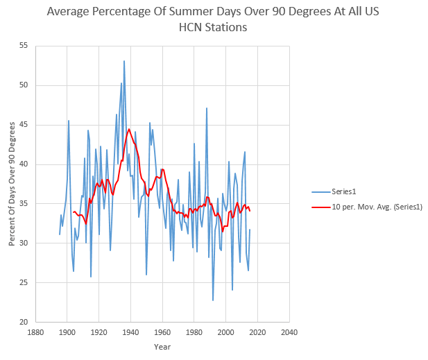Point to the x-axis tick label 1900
coord(67,332)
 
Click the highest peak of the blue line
coord(124,61)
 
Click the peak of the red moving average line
coord(129,129)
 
